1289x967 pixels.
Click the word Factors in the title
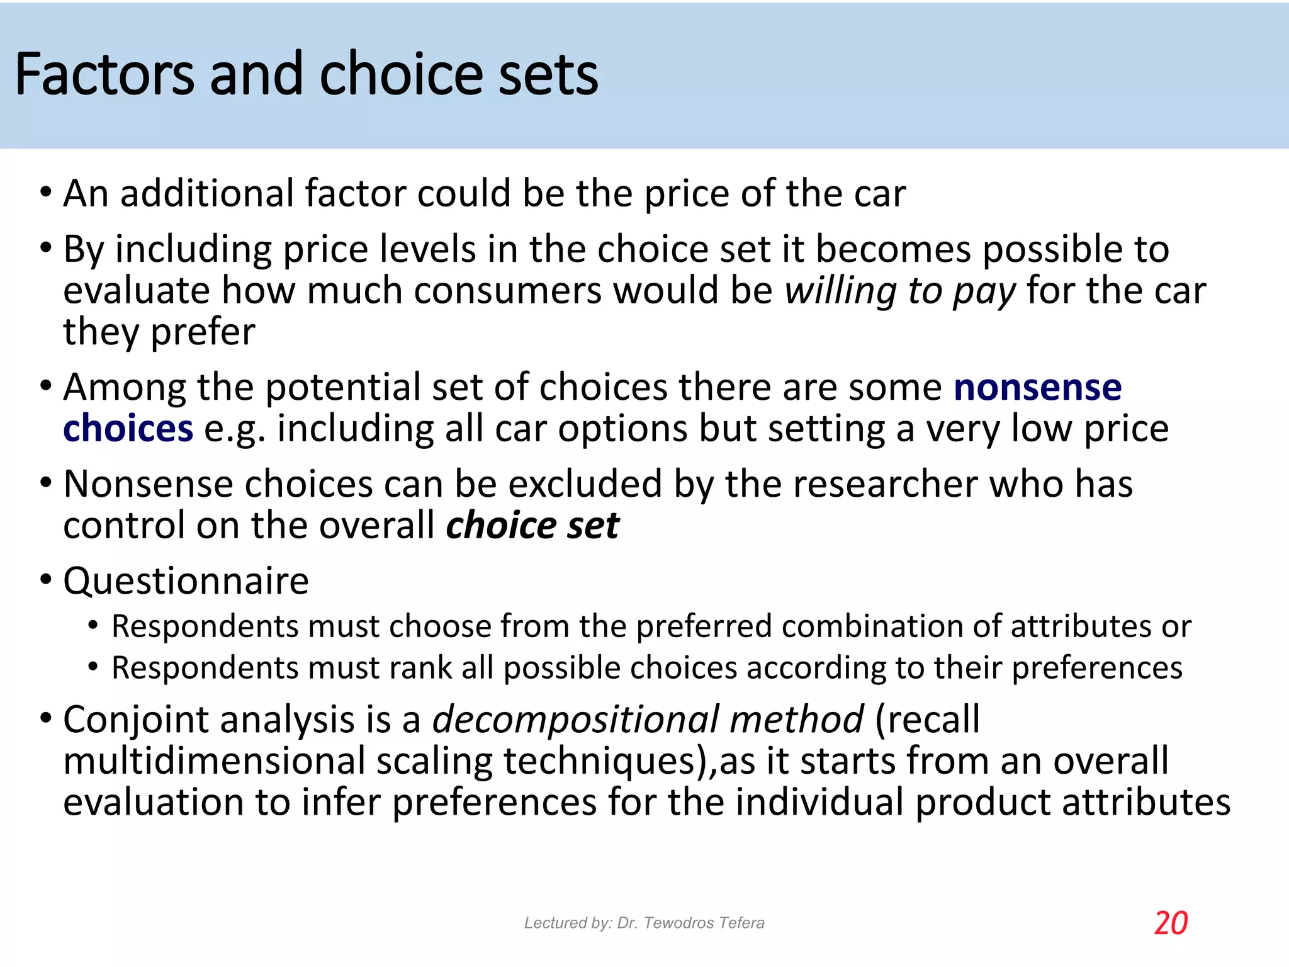pos(104,74)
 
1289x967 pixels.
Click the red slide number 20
pos(1171,924)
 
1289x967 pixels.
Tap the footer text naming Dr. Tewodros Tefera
pos(644,923)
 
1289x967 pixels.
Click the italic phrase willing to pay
pos(900,291)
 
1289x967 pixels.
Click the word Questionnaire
pos(186,580)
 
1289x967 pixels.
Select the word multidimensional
pos(214,761)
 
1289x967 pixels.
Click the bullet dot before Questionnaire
pos(45,579)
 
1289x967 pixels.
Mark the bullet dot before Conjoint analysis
pos(45,718)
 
